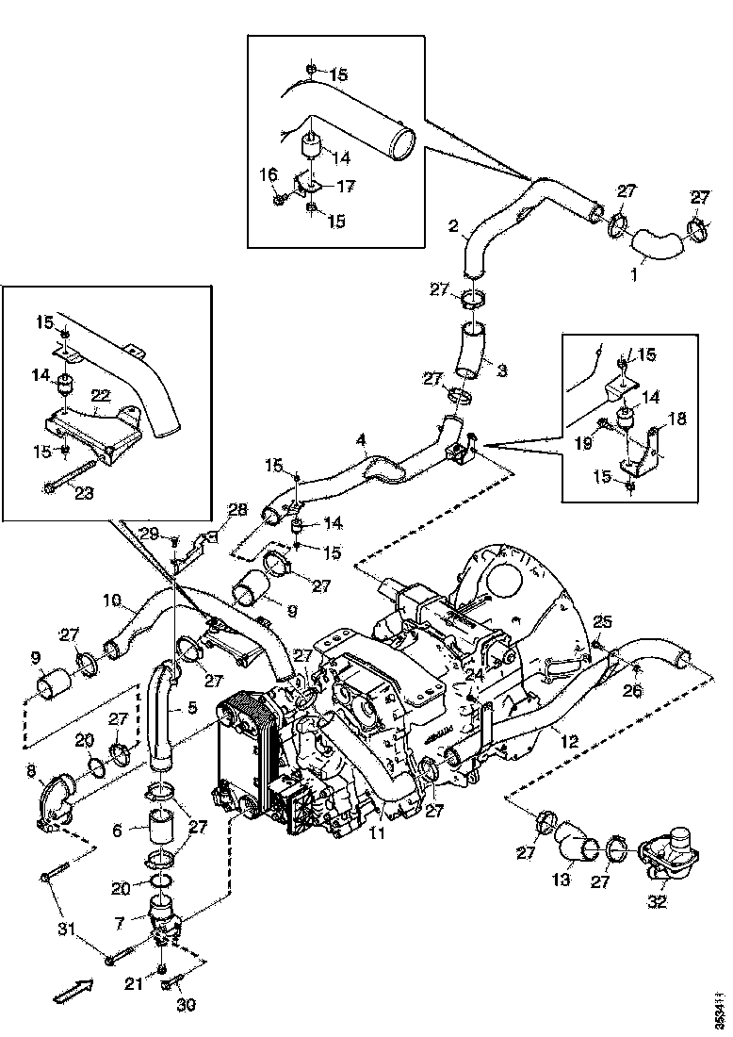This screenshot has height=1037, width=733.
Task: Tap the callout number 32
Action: click(x=657, y=902)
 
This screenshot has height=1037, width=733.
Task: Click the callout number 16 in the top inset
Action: click(x=268, y=174)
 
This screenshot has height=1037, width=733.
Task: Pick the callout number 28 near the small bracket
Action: click(x=237, y=510)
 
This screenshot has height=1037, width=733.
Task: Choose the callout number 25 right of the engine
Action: click(x=603, y=620)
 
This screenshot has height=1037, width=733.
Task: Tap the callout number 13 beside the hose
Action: click(x=562, y=880)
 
